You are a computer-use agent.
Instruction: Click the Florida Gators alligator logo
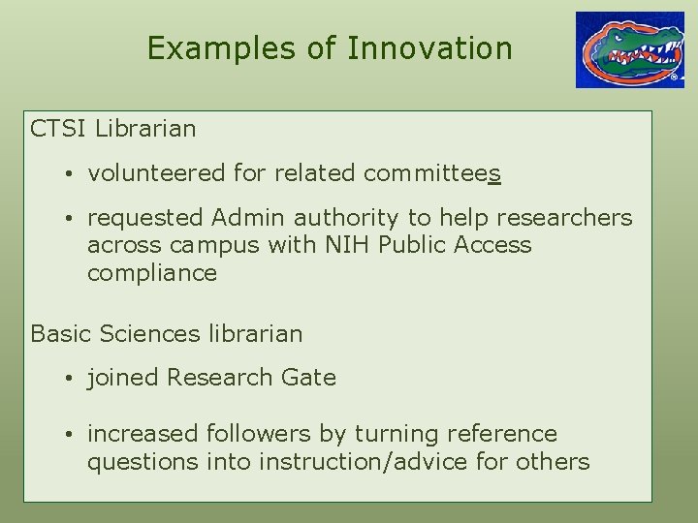(629, 49)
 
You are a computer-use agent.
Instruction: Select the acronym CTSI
(60, 128)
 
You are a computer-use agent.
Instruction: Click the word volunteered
(157, 173)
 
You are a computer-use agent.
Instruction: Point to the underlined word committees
(432, 173)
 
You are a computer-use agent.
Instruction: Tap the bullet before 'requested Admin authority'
(72, 220)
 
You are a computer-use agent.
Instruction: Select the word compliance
(152, 273)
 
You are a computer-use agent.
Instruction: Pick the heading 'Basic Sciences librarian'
(167, 334)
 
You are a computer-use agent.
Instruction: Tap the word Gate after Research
(309, 378)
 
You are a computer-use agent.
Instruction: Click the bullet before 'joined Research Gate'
(72, 379)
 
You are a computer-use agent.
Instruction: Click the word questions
(143, 462)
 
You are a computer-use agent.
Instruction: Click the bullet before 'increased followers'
(72, 435)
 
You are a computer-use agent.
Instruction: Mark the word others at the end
(553, 461)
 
